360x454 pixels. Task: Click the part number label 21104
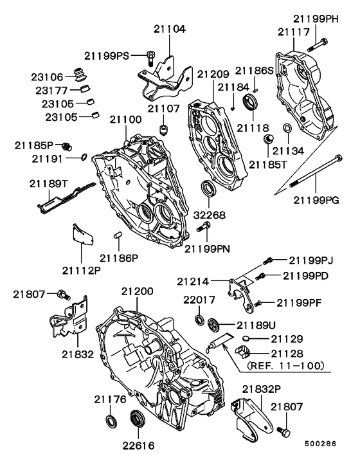pos(170,29)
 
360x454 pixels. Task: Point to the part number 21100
pos(125,120)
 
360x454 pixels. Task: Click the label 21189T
pos(46,183)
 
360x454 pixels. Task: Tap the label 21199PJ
pos(311,260)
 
